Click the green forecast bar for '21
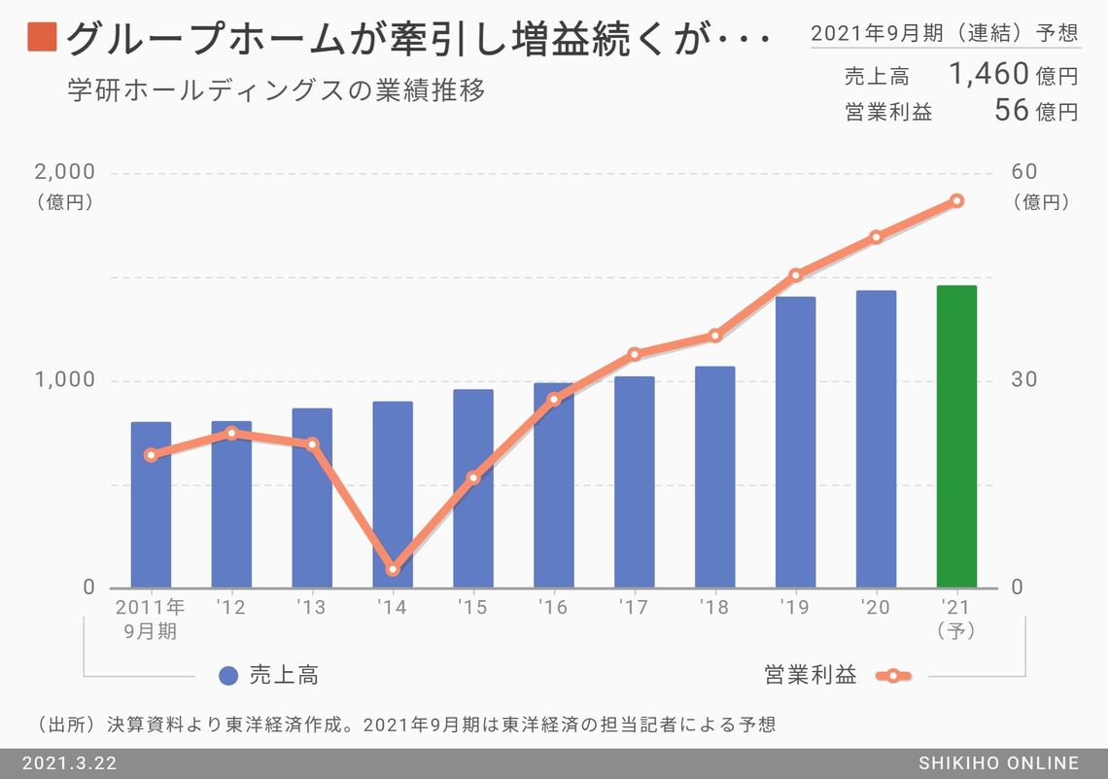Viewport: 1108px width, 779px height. pos(956,437)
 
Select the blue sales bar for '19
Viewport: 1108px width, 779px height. pos(795,443)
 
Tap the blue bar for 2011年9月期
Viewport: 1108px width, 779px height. pos(151,505)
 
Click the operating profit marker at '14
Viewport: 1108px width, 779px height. pos(393,569)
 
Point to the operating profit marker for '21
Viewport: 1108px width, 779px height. pos(956,200)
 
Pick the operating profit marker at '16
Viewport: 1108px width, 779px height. pos(554,399)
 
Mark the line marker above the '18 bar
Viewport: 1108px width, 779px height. pos(715,336)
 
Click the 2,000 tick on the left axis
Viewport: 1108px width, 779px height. pos(65,172)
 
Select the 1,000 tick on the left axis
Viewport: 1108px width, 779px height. pos(65,380)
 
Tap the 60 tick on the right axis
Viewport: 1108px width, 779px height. pos(1024,172)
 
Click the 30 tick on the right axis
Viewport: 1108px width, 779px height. pos(1024,380)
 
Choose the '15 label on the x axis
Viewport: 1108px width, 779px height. pos(473,608)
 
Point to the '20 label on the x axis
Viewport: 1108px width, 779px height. pos(876,608)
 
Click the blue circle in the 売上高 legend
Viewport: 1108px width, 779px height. pos(229,676)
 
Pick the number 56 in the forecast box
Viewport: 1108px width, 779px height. pos(1011,110)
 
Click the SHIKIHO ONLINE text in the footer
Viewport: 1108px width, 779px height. pos(998,763)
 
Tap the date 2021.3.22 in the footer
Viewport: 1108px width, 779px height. pos(69,763)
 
